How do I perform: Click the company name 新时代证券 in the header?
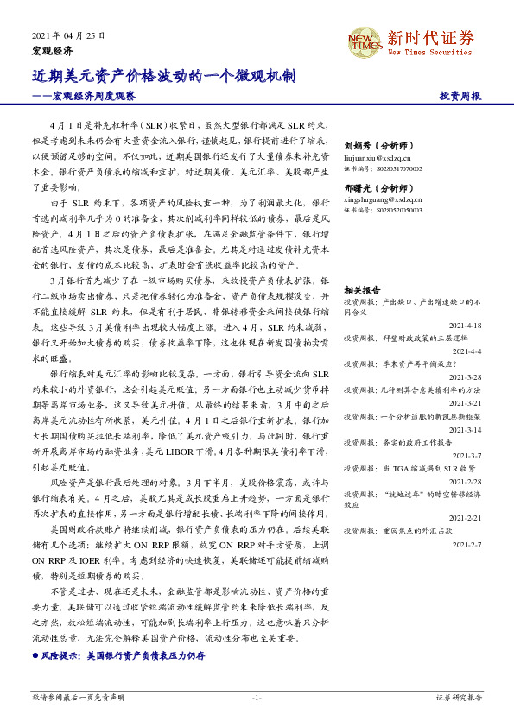point(430,37)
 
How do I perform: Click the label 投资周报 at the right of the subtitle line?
point(460,96)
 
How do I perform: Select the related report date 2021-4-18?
point(464,326)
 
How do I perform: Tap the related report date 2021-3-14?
point(464,429)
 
